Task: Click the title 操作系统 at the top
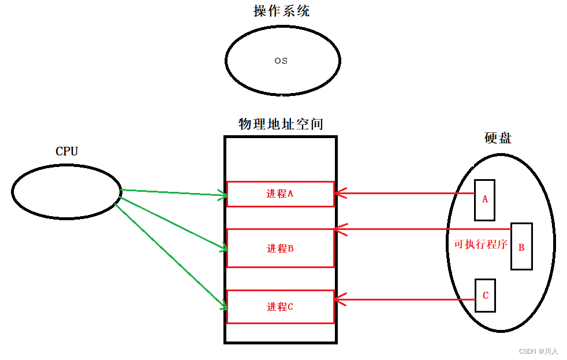282,12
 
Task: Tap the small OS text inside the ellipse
281,61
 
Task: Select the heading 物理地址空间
281,124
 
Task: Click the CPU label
66,151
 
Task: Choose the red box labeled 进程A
280,194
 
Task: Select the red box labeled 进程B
280,248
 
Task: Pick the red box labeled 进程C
280,307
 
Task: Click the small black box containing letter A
484,199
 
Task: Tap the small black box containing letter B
521,247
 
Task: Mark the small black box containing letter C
485,295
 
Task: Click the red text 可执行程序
480,244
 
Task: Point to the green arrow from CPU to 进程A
173,193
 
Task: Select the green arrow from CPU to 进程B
173,223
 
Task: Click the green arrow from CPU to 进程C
173,254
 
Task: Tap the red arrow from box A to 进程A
404,194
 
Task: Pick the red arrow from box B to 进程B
421,229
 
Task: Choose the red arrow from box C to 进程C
404,299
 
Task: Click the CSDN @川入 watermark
538,351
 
